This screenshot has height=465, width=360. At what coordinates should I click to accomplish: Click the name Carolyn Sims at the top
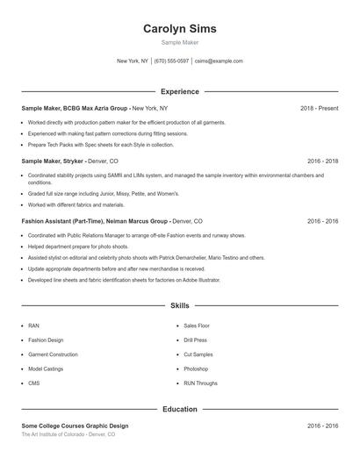(179, 29)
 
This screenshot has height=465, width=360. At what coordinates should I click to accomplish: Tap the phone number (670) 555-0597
(171, 61)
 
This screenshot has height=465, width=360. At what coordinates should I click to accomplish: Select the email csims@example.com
(219, 61)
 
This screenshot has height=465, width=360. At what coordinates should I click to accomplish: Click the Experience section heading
(179, 91)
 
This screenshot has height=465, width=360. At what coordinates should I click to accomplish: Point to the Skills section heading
(179, 306)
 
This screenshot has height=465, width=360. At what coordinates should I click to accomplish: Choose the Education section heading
(179, 409)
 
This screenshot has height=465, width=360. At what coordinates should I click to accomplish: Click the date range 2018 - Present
(319, 108)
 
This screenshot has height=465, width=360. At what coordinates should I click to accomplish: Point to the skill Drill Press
(195, 340)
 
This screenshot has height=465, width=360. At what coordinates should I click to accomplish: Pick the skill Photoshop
(196, 369)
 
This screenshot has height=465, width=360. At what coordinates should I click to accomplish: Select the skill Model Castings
(46, 369)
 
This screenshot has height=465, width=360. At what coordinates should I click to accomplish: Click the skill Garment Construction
(53, 354)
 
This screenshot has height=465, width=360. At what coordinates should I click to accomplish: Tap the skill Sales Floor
(197, 325)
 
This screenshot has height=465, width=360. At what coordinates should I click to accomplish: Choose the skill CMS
(34, 383)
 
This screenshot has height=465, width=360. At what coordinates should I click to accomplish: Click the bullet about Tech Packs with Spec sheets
(101, 145)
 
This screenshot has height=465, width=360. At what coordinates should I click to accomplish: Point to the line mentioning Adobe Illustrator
(124, 280)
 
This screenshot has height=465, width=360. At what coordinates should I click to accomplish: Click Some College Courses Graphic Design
(75, 426)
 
